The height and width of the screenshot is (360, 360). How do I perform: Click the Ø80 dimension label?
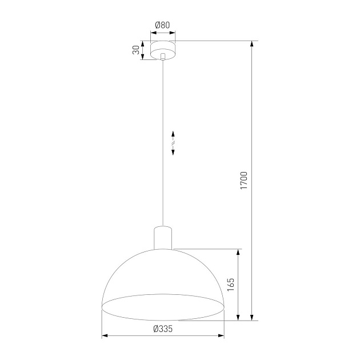tap(163, 25)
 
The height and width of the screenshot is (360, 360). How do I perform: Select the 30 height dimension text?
tap(136, 50)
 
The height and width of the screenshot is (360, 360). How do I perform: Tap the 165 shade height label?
tap(230, 285)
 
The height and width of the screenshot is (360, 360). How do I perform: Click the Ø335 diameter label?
tap(163, 328)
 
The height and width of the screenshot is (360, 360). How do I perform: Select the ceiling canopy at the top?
tap(163, 50)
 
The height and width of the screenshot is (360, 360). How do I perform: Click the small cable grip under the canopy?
tap(163, 57)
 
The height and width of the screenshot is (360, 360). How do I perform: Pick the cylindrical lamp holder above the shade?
tap(163, 237)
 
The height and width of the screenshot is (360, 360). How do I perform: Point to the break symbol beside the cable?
tap(173, 143)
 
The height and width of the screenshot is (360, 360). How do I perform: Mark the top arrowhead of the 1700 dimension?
tap(251, 44)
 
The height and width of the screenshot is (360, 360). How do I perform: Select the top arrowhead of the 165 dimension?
tap(238, 252)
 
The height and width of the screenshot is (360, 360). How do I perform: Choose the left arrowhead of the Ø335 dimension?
tap(105, 336)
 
